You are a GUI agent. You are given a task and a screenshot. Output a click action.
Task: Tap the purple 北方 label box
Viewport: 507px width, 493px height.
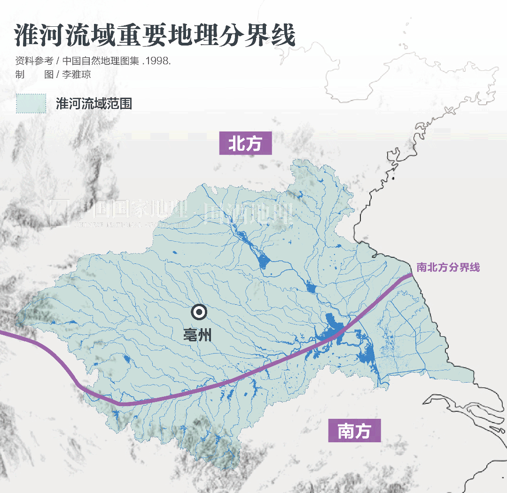245,143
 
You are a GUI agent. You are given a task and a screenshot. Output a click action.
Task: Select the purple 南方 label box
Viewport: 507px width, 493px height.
354,431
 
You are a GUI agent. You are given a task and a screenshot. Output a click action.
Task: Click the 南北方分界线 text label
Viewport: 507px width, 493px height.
448,268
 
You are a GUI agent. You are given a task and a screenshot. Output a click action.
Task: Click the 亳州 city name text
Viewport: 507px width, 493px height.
197,335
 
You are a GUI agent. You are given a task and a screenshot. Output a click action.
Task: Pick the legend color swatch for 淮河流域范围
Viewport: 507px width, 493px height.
31,103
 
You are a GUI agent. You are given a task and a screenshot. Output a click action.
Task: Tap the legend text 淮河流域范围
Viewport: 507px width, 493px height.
94,104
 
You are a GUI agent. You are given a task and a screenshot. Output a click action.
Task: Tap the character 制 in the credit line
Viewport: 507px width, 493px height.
19,75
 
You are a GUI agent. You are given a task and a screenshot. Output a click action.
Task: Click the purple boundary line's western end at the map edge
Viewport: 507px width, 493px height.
2,334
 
